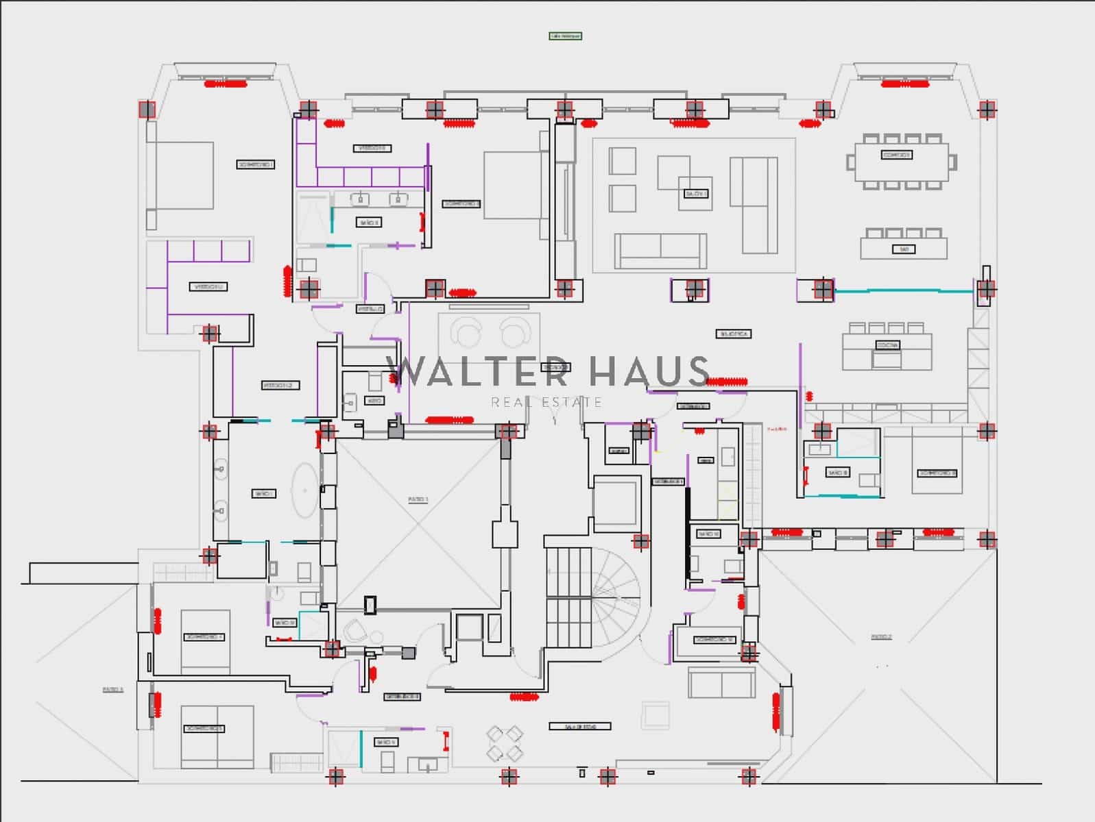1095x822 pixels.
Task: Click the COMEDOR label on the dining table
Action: coord(897,155)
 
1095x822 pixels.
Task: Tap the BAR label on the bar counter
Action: coord(904,249)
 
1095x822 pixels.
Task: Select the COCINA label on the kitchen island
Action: coord(887,345)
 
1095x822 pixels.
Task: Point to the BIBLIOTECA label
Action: coord(734,334)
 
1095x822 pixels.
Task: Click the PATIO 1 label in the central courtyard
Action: coord(418,500)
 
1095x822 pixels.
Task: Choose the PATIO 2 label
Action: coord(882,637)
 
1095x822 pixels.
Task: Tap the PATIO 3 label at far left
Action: coord(113,690)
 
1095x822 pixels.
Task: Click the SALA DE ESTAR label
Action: coord(580,726)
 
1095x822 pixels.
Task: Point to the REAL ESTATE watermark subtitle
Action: coord(546,402)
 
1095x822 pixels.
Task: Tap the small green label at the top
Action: coord(565,36)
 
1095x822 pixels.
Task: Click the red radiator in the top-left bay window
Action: coord(226,84)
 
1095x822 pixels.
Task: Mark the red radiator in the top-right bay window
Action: coord(905,84)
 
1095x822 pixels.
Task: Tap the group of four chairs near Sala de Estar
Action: coord(505,743)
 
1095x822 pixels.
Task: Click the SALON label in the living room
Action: coord(695,194)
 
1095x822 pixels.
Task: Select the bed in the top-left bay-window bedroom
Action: coord(180,175)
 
